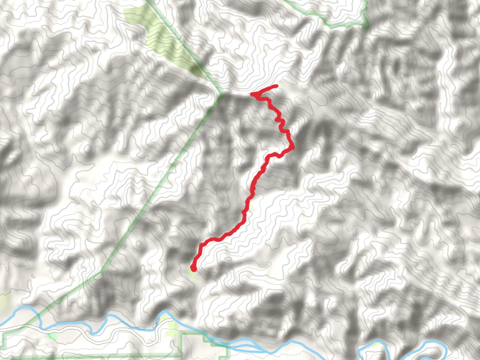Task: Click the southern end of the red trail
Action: click(x=193, y=268)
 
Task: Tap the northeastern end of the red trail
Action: click(x=276, y=86)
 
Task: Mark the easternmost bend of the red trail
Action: click(x=293, y=147)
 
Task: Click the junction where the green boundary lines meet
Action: click(x=221, y=94)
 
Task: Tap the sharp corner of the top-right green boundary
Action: click(x=365, y=26)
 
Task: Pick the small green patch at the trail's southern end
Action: click(x=194, y=274)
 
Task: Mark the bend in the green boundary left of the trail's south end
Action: click(x=100, y=272)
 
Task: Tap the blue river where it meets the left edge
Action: click(x=2, y=326)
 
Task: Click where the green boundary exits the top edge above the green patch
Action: click(x=147, y=2)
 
